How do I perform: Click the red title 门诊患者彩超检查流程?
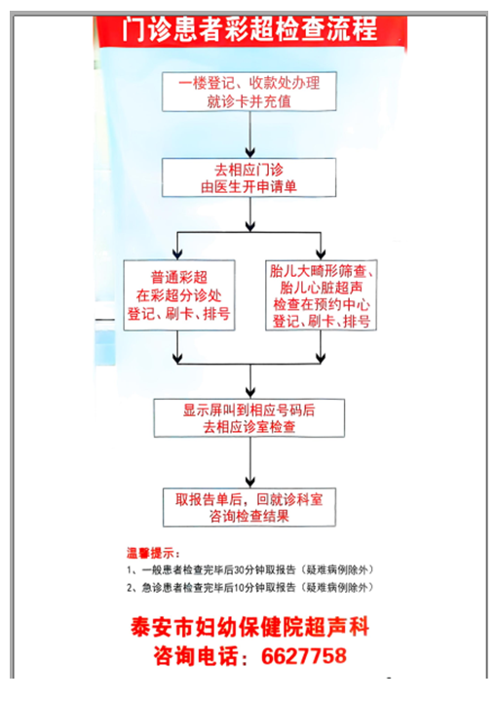click(250, 29)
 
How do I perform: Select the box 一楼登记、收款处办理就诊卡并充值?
click(248, 92)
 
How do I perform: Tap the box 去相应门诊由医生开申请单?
click(248, 177)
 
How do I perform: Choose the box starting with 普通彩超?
click(179, 295)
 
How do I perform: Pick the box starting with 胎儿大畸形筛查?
click(321, 295)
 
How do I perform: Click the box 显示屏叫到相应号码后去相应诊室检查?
click(248, 418)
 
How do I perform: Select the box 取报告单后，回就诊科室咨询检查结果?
click(248, 507)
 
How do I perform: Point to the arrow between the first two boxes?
click(250, 135)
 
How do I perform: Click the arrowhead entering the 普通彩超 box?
click(178, 254)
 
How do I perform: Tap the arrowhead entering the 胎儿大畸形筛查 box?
click(321, 254)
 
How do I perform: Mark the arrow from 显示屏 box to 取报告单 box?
click(250, 463)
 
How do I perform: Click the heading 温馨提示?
click(153, 553)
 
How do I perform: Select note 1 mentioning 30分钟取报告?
click(249, 570)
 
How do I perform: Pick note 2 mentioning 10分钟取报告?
click(249, 588)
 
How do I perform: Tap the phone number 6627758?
click(304, 656)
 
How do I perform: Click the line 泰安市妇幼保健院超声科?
click(249, 627)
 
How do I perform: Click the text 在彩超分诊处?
click(178, 295)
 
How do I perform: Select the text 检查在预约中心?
click(322, 304)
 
